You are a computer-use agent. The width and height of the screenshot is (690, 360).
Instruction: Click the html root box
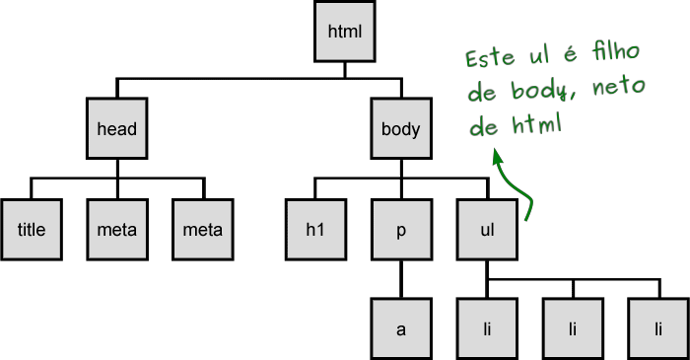coord(345,31)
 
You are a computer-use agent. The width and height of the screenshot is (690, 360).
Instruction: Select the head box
coord(115,129)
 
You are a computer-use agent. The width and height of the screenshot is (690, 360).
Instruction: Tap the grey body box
coord(400,129)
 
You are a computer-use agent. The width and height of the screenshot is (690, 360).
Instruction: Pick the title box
coord(32,231)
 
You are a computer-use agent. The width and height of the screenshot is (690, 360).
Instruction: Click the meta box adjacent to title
coord(116,231)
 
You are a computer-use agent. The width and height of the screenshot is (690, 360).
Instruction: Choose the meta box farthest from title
coord(202,231)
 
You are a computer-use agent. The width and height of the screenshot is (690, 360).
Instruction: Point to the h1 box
coord(314,231)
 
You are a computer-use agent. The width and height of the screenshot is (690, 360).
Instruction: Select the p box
coord(400,231)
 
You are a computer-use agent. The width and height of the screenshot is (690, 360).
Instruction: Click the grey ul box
coord(486,231)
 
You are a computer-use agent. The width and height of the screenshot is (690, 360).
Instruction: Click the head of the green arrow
coord(497,156)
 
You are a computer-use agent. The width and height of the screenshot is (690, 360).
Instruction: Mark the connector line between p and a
coord(400,280)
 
